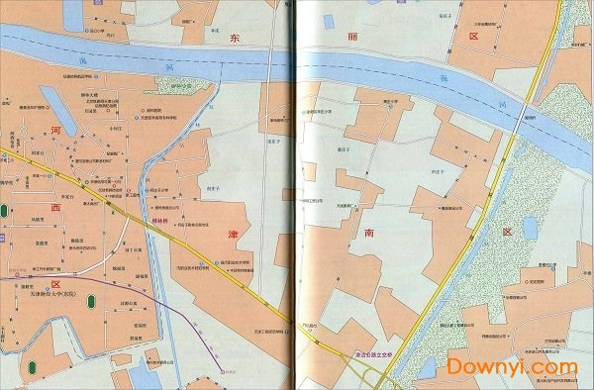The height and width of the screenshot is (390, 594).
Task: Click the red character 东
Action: pyautogui.click(x=235, y=37)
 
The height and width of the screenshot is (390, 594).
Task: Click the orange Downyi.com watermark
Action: pyautogui.click(x=512, y=366)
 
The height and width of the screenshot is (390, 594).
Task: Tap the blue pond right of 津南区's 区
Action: pyautogui.click(x=529, y=229)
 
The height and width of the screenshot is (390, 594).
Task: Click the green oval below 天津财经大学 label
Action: pyautogui.click(x=33, y=366)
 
